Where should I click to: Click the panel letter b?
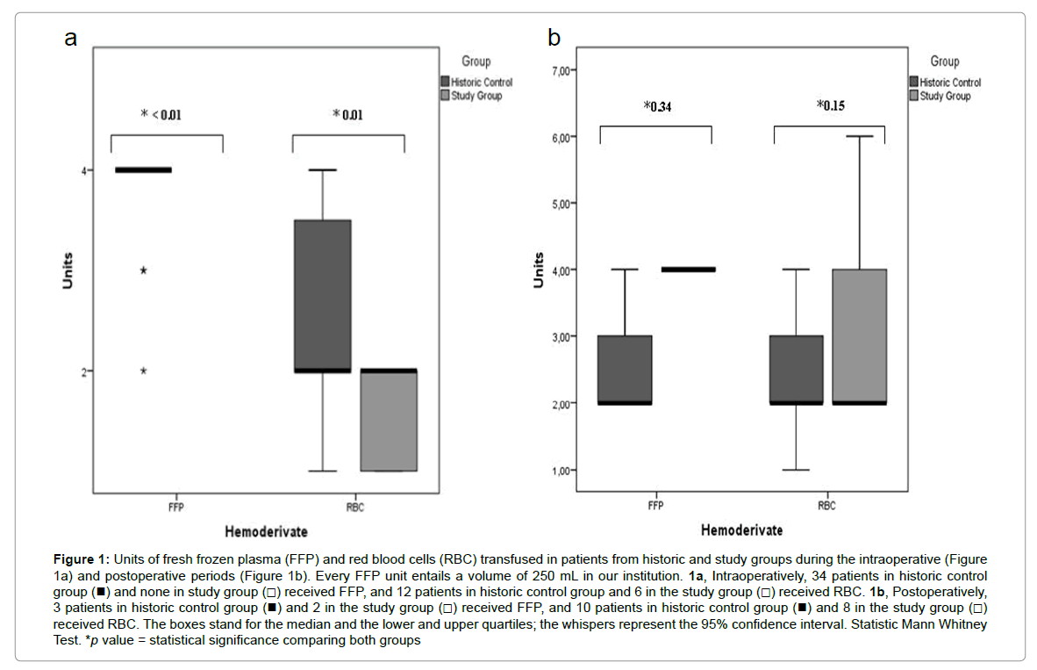(x=554, y=38)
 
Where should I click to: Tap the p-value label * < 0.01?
(x=162, y=114)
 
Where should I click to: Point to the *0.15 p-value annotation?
(x=831, y=106)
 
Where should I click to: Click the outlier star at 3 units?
(x=143, y=270)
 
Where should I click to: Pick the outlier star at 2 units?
(x=143, y=371)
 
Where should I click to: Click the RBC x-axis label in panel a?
(x=354, y=508)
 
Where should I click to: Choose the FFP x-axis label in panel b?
(x=655, y=506)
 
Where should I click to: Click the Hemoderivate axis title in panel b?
(x=741, y=530)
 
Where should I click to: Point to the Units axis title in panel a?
(x=68, y=271)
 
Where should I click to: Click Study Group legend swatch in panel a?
(x=445, y=95)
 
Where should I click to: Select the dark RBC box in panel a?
(x=323, y=296)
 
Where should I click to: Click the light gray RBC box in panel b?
(x=859, y=336)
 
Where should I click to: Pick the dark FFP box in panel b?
(x=626, y=369)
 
